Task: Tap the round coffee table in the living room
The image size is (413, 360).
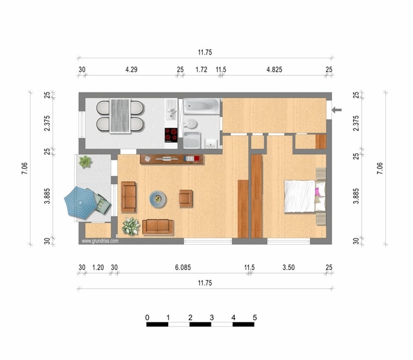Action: click(158, 199)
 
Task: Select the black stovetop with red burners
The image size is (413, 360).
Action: click(171, 135)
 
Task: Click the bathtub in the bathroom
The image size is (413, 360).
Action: click(201, 106)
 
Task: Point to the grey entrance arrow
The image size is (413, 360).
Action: click(337, 110)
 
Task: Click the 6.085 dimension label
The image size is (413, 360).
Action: click(183, 268)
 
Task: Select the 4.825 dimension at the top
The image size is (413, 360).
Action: click(274, 70)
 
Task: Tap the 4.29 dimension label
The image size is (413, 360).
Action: click(131, 70)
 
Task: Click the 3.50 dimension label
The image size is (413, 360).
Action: click(288, 268)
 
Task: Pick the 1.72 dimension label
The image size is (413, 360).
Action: click(201, 70)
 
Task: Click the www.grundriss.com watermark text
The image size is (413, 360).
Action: click(100, 241)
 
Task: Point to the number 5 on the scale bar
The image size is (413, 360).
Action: click(255, 317)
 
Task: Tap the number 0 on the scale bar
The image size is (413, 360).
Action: click(147, 317)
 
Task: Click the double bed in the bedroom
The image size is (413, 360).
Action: click(305, 196)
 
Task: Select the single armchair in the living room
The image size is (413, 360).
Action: click(185, 199)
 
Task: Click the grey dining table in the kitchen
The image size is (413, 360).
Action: click(120, 116)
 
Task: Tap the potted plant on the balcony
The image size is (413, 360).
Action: click(85, 161)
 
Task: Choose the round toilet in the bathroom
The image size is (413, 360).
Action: click(190, 124)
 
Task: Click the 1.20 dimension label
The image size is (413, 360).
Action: click(98, 268)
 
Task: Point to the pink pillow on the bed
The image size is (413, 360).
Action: click(318, 191)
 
